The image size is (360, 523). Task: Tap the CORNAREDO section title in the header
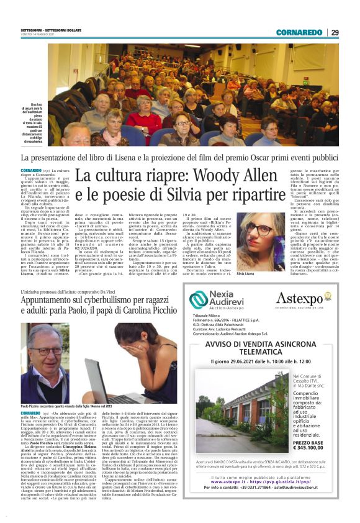tap(299, 32)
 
